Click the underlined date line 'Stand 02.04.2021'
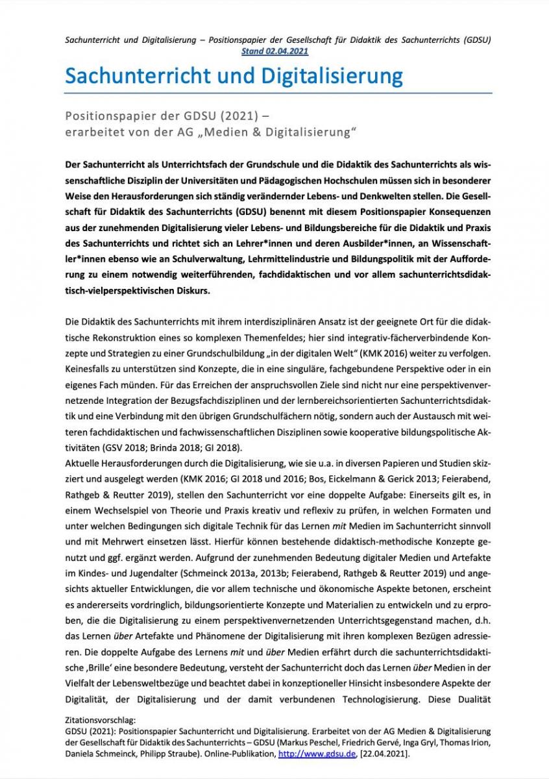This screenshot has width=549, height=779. (274, 50)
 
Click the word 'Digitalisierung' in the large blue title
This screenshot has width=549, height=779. (332, 76)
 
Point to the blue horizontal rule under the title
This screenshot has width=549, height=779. (278, 93)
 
